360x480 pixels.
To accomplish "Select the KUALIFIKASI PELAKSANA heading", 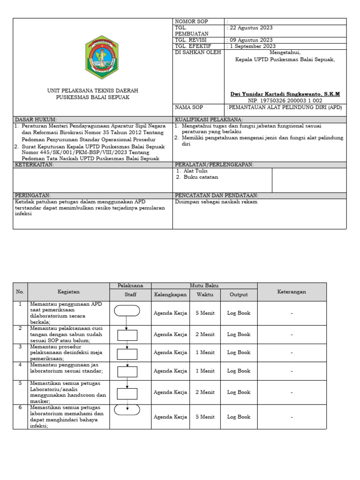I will [209, 120].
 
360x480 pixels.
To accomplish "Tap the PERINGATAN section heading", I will [33, 195].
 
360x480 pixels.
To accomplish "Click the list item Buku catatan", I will [200, 177].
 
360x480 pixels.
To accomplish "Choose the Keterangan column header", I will [292, 292].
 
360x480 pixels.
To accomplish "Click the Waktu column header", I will [205, 295].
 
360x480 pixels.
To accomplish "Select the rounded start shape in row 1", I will [127, 310].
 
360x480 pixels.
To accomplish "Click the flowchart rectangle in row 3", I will [127, 354].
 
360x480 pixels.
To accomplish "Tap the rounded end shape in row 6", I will [127, 409].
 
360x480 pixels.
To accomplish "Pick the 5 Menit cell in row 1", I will [205, 313].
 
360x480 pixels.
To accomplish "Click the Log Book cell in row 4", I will [239, 371].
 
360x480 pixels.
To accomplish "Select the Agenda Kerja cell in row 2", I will [170, 335].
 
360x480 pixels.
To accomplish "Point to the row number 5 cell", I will [20, 383].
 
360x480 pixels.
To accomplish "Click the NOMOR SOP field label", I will [191, 22].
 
